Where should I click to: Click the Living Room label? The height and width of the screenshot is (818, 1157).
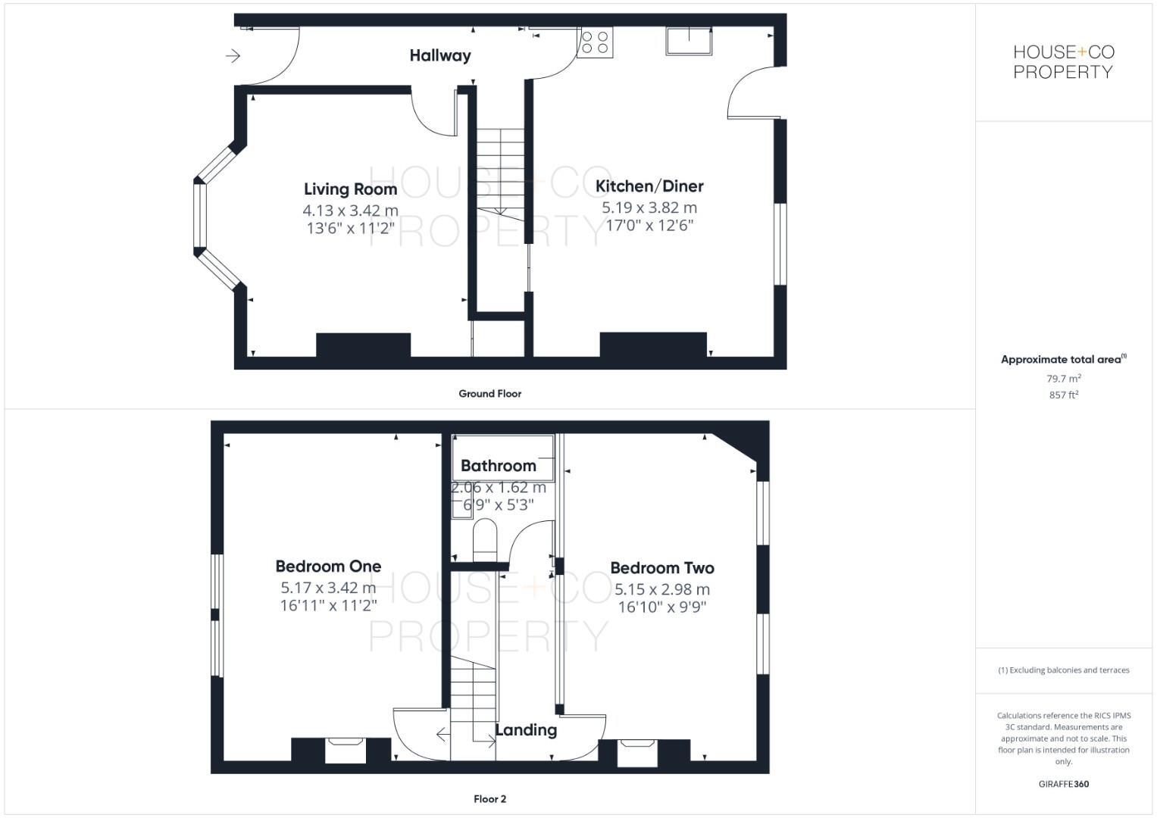click(x=350, y=189)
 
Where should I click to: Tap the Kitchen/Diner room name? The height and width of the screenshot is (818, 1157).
click(x=649, y=186)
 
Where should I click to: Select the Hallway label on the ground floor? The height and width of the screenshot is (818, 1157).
click(x=440, y=55)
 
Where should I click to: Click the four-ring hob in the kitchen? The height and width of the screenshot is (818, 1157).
click(x=595, y=42)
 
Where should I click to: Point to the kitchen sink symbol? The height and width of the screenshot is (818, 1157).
click(x=689, y=41)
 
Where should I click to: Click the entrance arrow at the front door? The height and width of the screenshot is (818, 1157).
click(x=233, y=55)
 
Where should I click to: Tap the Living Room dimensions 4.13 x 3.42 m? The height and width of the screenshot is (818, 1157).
click(x=350, y=211)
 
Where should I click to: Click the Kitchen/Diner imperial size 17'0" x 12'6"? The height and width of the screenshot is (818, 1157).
click(x=649, y=226)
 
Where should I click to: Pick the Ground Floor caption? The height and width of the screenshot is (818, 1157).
click(x=489, y=394)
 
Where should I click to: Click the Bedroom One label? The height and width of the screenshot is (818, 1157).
click(x=328, y=567)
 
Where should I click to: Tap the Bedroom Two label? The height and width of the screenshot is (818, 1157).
click(x=661, y=568)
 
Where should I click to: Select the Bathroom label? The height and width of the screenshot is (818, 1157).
click(x=498, y=466)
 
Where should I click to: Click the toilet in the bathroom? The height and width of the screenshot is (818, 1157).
click(x=484, y=539)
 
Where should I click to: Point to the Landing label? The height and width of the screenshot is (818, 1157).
click(x=526, y=730)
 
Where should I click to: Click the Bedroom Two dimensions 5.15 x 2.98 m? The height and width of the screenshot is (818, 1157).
click(x=661, y=589)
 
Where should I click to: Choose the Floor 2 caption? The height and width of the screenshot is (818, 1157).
click(x=489, y=799)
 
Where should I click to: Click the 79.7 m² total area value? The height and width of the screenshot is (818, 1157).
click(x=1063, y=379)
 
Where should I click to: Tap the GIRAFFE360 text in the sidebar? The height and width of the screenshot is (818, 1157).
click(x=1063, y=784)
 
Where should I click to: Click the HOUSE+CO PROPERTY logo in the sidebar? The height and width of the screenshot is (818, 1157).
click(x=1063, y=62)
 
